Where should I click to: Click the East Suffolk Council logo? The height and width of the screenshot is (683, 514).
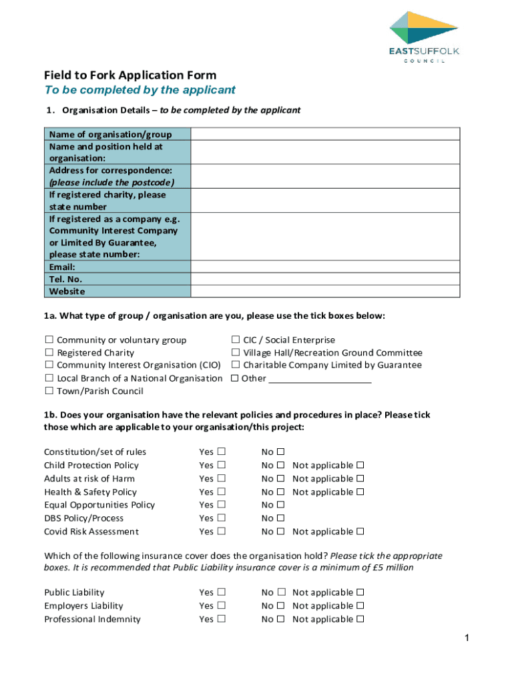(425, 37)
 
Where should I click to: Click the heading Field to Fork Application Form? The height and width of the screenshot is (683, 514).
(130, 75)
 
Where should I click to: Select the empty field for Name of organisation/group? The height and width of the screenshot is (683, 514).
(325, 134)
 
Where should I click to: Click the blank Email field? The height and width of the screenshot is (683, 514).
(325, 267)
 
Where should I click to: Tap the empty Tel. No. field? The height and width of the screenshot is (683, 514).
(325, 279)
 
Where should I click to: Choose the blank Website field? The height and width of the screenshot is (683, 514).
(325, 291)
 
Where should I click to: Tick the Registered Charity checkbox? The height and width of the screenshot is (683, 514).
(49, 353)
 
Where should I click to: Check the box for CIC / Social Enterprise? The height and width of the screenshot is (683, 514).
(236, 340)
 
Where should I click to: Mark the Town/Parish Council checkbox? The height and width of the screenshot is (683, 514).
(49, 392)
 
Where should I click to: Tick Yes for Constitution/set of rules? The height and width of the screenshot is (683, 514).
(221, 452)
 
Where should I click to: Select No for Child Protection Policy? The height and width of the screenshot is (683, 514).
(281, 466)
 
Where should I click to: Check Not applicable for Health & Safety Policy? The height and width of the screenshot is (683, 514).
(360, 492)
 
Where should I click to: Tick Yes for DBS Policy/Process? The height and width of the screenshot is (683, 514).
(221, 518)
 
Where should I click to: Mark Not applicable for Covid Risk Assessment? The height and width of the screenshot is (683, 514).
(360, 532)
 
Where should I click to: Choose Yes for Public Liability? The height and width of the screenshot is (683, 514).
(221, 592)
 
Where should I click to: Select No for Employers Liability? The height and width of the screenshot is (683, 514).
(281, 606)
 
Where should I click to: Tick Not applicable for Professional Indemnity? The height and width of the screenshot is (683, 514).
(360, 619)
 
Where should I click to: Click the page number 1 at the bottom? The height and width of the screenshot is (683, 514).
(468, 639)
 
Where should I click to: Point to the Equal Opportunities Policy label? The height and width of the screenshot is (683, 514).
(99, 505)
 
